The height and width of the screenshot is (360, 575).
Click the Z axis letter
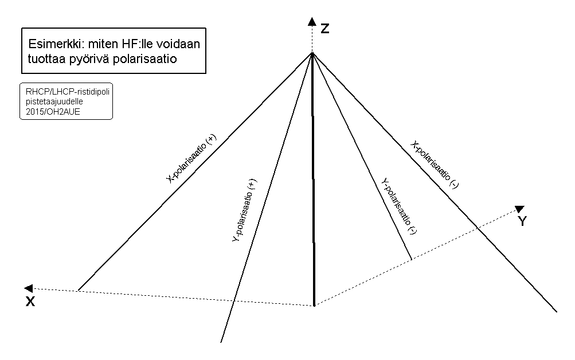tap(325, 28)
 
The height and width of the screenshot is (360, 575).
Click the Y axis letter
tap(522, 221)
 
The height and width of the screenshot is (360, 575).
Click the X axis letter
tap(30, 302)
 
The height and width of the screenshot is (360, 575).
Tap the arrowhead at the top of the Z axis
tap(312, 21)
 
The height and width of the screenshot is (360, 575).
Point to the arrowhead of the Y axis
tap(519, 209)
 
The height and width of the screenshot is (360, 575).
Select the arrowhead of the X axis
tap(28, 288)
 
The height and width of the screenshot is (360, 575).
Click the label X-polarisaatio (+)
tap(191, 159)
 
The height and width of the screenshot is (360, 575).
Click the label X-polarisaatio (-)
tap(434, 165)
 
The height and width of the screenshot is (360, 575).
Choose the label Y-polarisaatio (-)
tap(399, 206)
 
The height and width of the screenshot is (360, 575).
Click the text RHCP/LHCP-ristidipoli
tap(68, 91)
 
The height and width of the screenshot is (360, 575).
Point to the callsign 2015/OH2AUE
tap(53, 112)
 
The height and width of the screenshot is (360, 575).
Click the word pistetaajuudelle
tap(54, 101)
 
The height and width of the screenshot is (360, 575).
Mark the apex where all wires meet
tap(312, 53)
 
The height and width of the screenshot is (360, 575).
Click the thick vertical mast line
tap(313, 179)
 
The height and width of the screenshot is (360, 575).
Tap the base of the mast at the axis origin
tap(314, 305)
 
